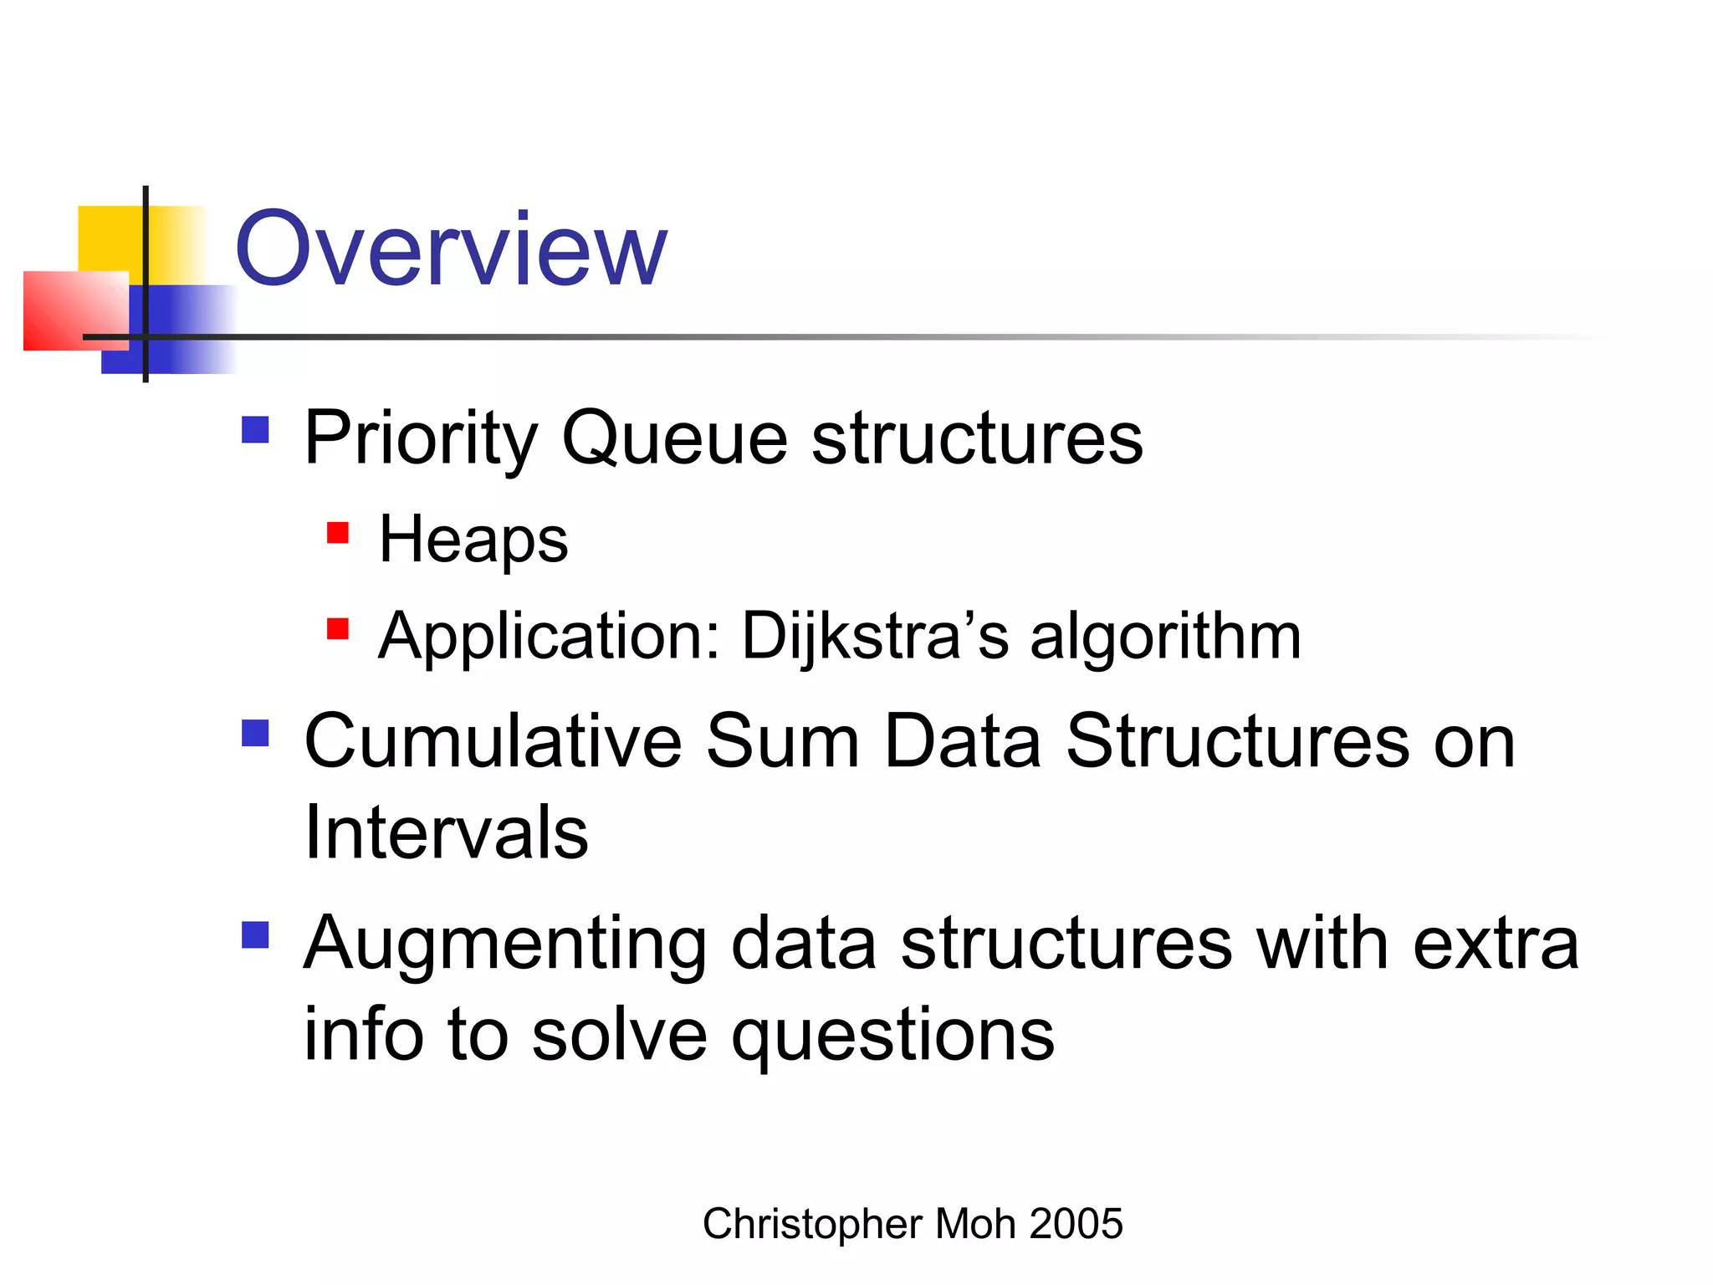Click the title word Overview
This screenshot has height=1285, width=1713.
click(450, 249)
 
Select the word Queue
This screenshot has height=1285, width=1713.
click(674, 438)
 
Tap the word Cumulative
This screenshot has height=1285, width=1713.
click(493, 741)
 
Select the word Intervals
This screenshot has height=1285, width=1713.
click(447, 833)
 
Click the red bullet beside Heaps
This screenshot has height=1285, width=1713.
click(338, 533)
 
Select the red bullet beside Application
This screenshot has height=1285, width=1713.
click(338, 628)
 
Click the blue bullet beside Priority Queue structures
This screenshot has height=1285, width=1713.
click(255, 430)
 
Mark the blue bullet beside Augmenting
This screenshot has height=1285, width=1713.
click(255, 934)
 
